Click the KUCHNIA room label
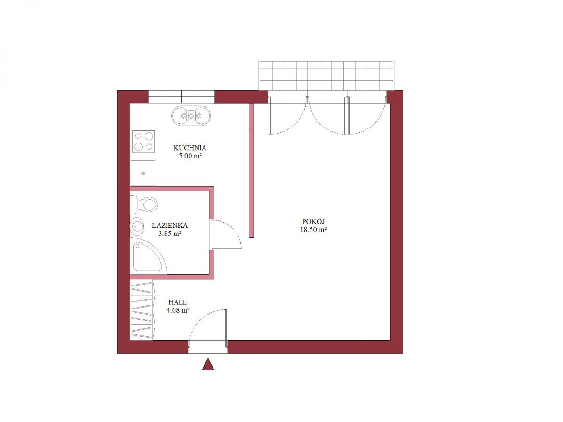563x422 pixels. (x=190, y=148)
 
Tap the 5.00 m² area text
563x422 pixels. (x=190, y=156)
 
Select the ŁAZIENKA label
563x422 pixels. (x=170, y=226)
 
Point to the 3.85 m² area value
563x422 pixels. (x=170, y=234)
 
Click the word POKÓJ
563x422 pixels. (x=313, y=221)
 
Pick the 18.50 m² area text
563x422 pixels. (x=313, y=230)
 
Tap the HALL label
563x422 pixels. (x=177, y=302)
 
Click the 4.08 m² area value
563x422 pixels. (x=178, y=310)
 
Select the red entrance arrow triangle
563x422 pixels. (x=208, y=364)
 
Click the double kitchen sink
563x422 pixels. (x=191, y=116)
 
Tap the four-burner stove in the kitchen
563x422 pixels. (x=144, y=142)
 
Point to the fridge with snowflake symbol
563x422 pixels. (x=143, y=173)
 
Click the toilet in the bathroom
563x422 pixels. (x=144, y=204)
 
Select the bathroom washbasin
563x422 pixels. (x=137, y=226)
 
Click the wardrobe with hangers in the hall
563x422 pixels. (x=143, y=310)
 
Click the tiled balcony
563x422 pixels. (x=326, y=75)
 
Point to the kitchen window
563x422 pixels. (x=182, y=97)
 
